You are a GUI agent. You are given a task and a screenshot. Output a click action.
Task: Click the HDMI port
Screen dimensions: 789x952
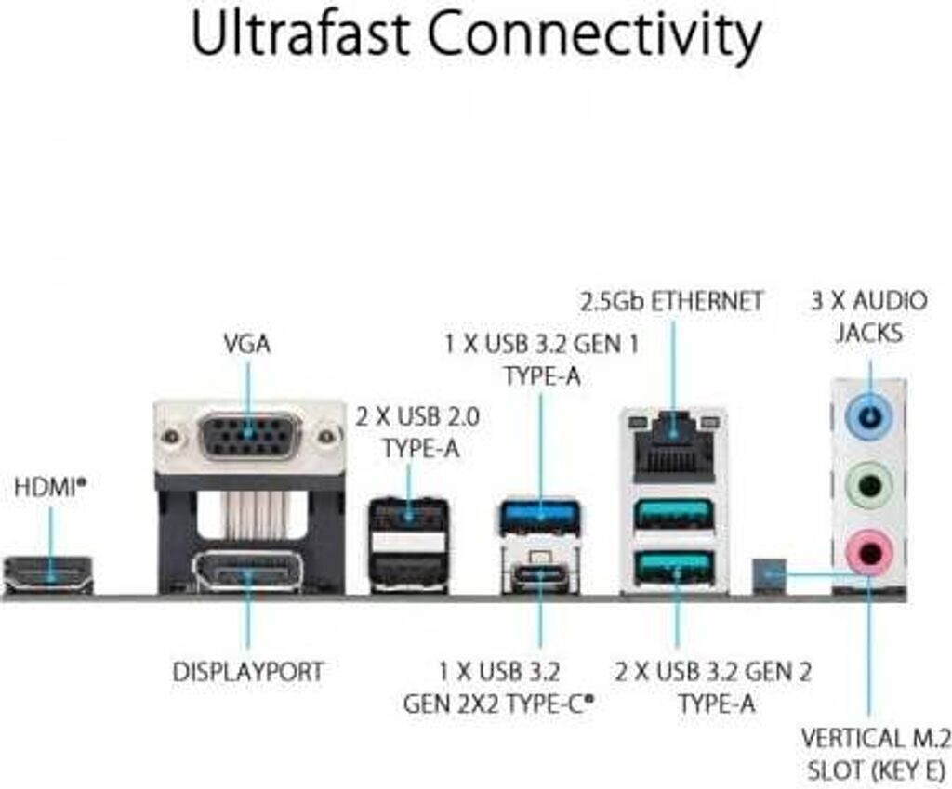click(x=48, y=573)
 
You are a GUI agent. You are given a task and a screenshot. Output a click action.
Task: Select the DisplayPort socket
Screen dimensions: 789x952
click(x=248, y=572)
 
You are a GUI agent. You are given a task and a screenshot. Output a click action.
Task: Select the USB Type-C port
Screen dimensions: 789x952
click(x=539, y=574)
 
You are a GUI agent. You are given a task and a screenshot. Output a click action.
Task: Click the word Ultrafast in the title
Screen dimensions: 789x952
click(x=298, y=34)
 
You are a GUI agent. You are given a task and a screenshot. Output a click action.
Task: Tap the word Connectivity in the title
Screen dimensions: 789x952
click(x=595, y=34)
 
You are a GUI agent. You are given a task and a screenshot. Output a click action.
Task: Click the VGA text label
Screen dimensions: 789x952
click(x=247, y=344)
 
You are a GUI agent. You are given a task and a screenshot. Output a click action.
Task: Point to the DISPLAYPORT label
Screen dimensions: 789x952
click(x=248, y=671)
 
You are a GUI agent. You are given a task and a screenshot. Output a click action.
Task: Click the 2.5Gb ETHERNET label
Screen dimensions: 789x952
click(x=671, y=301)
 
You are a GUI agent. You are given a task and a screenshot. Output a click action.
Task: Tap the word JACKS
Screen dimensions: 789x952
click(x=868, y=332)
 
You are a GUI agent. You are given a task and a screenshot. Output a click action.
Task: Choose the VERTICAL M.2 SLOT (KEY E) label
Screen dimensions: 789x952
click(x=874, y=754)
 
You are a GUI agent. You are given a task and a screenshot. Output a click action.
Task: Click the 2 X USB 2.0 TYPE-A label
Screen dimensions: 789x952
click(x=417, y=432)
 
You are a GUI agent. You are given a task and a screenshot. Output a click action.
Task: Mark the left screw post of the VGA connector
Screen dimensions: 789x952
click(x=169, y=435)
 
